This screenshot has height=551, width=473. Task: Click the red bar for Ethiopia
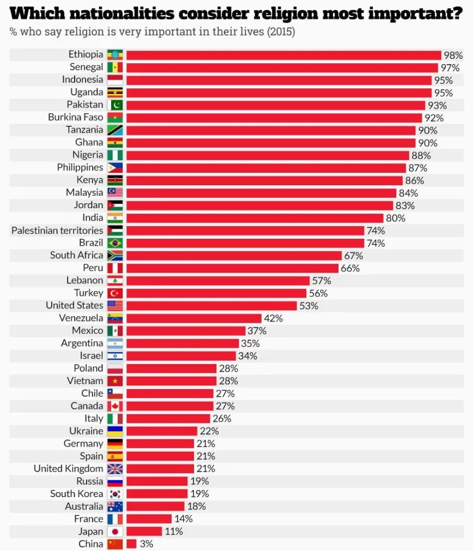tap(283, 55)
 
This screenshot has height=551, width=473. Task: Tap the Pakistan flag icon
tap(115, 105)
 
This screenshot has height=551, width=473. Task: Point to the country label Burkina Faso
tap(75, 117)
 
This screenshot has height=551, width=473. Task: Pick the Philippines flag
tap(115, 168)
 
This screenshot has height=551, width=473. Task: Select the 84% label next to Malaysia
tap(408, 193)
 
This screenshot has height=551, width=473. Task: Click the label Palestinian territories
tap(57, 231)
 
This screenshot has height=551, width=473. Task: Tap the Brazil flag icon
tap(115, 243)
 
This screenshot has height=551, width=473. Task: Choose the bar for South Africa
tap(234, 256)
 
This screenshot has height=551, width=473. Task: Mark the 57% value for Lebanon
tap(322, 281)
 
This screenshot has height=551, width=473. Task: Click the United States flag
tap(115, 306)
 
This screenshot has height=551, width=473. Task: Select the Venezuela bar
tap(194, 318)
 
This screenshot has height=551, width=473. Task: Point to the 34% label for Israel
tap(247, 356)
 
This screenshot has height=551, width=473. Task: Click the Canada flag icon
tap(115, 406)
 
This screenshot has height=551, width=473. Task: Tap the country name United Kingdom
tap(68, 469)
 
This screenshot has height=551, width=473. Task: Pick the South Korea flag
tap(115, 494)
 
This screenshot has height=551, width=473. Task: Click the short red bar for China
tap(131, 544)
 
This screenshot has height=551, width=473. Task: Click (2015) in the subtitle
tap(281, 32)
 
